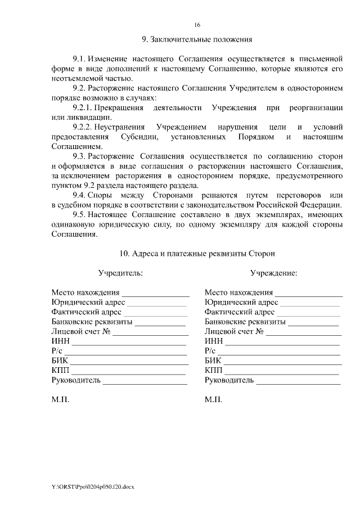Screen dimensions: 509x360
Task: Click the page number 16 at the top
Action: coord(197,25)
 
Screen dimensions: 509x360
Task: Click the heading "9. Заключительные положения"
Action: coord(197,40)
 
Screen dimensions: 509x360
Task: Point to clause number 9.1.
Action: coord(82,59)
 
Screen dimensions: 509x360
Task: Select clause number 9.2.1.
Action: coord(85,107)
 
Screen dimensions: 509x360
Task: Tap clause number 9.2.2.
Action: coord(85,127)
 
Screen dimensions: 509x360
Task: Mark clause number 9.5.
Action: coord(82,215)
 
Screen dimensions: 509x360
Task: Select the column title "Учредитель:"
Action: coord(120,273)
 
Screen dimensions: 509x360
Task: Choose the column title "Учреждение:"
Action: coord(274,273)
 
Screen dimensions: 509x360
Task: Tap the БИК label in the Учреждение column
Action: coord(213,361)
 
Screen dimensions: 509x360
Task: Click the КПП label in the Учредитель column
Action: coord(60,371)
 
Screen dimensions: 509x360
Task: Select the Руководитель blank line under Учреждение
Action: coord(298,381)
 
